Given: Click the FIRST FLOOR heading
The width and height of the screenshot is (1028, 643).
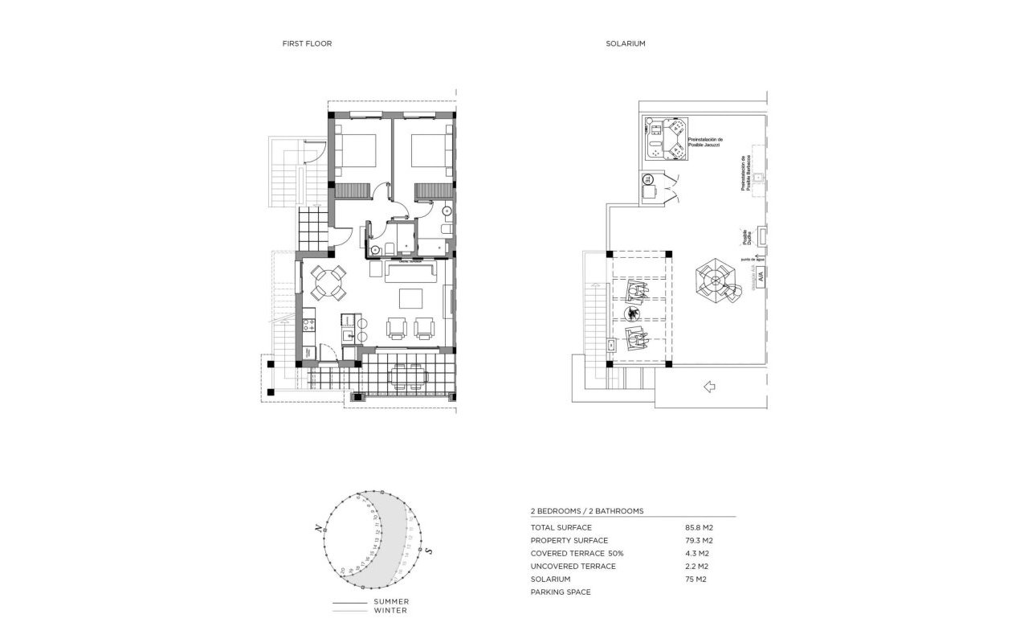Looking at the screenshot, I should tap(307, 43).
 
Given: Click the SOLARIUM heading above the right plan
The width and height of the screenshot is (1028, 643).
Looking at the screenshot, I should tap(626, 43).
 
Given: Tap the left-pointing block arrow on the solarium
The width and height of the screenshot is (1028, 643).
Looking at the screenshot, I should tap(708, 387).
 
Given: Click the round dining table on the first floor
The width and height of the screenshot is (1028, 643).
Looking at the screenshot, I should tap(328, 281).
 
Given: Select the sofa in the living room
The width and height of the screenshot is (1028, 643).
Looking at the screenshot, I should tap(411, 271).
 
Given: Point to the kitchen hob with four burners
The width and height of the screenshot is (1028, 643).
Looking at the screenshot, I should tap(308, 326).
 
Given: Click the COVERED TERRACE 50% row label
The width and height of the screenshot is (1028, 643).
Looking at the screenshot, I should tap(577, 554).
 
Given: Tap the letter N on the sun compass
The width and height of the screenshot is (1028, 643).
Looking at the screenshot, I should tap(319, 528).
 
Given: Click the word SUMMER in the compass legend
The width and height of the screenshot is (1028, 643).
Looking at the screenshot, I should tap(391, 602).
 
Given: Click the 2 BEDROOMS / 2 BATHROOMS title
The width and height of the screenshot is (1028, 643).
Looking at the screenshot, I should tap(587, 511).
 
